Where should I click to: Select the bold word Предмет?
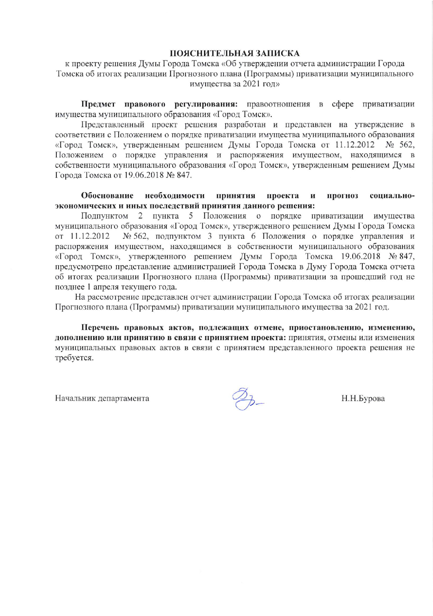(x=98, y=104)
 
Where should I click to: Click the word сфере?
(x=343, y=104)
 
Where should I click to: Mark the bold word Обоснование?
(x=107, y=196)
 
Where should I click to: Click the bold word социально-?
(x=392, y=196)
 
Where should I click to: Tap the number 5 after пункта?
(x=191, y=216)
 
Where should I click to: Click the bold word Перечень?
(x=98, y=328)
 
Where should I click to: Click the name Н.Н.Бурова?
(x=363, y=398)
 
